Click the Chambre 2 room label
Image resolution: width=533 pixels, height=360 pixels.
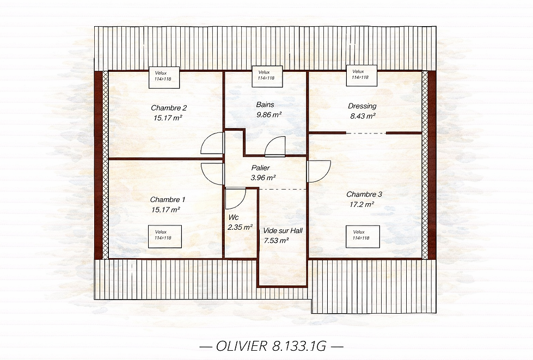[x=169, y=107]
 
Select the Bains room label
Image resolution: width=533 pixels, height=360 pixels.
[x=265, y=105]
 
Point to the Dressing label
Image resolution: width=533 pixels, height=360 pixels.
[x=362, y=106]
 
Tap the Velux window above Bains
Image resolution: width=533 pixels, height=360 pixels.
[x=267, y=75]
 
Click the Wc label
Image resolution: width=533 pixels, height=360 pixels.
[x=234, y=217]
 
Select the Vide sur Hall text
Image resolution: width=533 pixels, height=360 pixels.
[x=283, y=231]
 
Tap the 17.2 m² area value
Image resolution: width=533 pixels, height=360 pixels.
[x=362, y=204]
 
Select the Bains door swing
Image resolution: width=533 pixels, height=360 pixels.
[x=275, y=147]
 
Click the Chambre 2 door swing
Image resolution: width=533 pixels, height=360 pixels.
[x=213, y=144]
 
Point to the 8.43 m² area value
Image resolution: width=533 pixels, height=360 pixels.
[x=362, y=116]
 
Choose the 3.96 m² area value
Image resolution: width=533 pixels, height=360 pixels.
[x=263, y=178]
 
